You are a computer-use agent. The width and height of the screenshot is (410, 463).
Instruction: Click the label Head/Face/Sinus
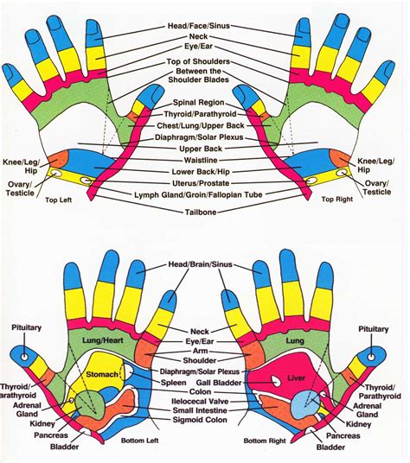tap(204, 27)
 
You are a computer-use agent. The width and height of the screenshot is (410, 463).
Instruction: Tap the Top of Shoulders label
tap(204, 62)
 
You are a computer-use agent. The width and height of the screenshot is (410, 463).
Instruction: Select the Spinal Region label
tap(204, 102)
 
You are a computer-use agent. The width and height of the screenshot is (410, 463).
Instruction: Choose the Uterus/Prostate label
tap(204, 182)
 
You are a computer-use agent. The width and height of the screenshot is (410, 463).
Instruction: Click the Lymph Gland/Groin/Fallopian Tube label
tap(204, 195)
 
